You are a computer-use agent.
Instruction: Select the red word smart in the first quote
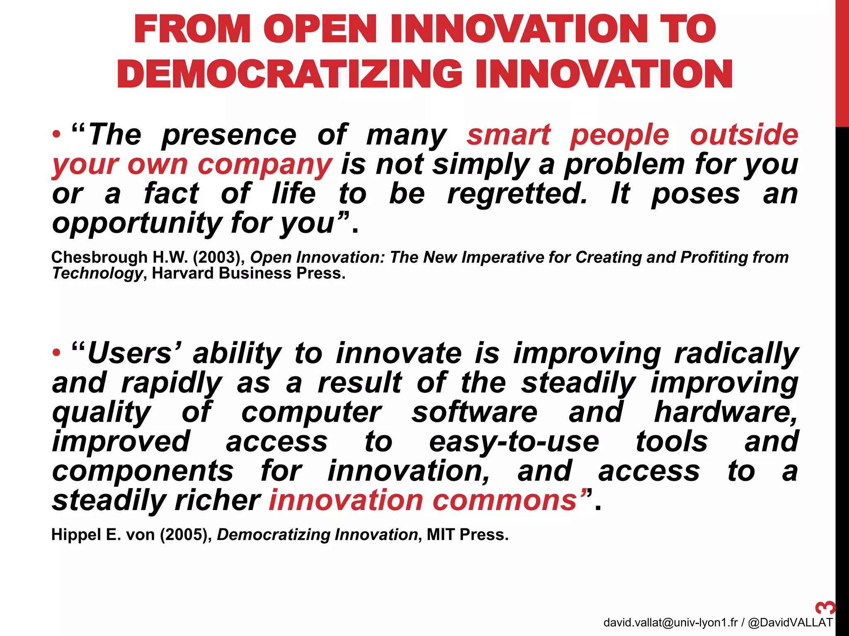click(x=509, y=135)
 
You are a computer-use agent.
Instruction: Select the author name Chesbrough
click(x=99, y=258)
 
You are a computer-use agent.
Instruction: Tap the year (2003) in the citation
click(x=219, y=258)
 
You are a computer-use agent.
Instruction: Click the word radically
click(x=736, y=354)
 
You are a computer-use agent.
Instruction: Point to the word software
click(x=474, y=412)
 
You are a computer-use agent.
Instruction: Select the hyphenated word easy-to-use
click(x=514, y=442)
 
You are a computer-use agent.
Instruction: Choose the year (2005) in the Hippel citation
click(x=186, y=535)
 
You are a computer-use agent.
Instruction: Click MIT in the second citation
click(x=441, y=535)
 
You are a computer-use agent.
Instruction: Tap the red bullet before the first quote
click(x=57, y=135)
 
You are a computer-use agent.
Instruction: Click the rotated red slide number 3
click(x=825, y=607)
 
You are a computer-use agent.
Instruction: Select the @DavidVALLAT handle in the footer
click(x=790, y=622)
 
